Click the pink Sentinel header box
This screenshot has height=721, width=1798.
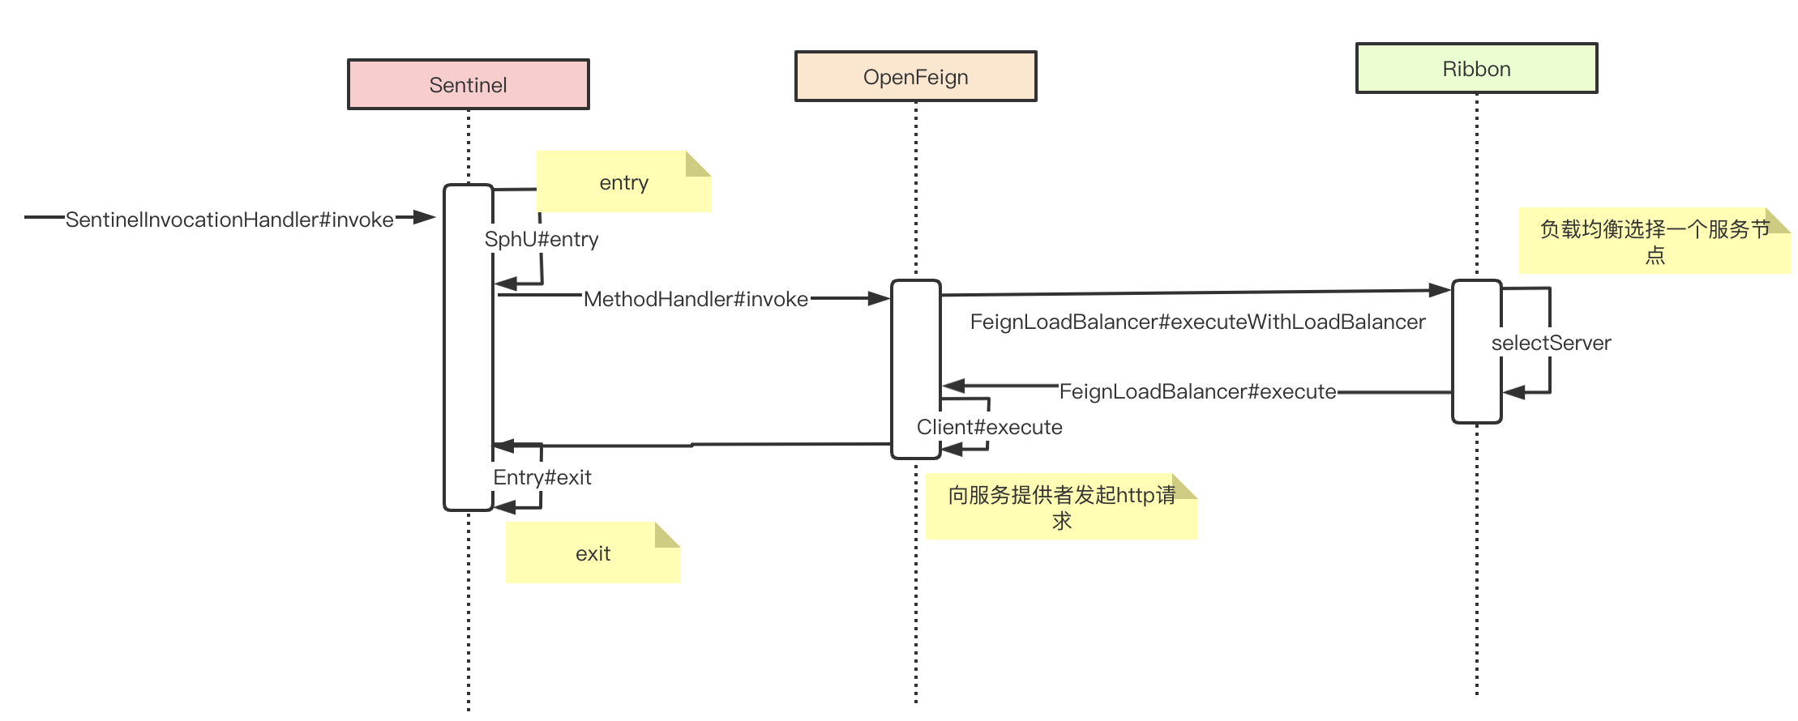pos(469,84)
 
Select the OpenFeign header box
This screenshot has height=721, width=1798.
pos(915,77)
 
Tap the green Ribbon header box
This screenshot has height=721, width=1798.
pos(1476,69)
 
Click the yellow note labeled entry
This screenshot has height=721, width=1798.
pos(623,182)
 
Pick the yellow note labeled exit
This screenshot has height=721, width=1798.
pos(593,553)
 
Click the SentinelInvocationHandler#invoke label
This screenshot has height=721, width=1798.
pos(229,220)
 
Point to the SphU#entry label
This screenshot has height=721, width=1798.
pos(542,240)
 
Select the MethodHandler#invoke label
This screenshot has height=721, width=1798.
pos(696,299)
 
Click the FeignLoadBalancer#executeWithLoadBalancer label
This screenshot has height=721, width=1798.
pos(1197,322)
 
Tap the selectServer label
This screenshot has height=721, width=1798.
pos(1551,343)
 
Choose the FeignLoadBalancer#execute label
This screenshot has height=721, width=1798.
pos(1197,391)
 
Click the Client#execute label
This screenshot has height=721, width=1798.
pos(989,427)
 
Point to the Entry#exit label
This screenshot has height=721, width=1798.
pos(542,477)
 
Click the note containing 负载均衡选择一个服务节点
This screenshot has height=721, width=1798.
pos(1654,241)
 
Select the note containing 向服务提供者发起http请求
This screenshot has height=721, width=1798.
pos(1061,507)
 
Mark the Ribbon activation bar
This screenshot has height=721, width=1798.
pos(1476,352)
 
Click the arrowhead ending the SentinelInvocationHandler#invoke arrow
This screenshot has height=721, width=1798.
pos(426,217)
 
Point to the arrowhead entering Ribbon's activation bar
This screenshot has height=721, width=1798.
pos(1440,289)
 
